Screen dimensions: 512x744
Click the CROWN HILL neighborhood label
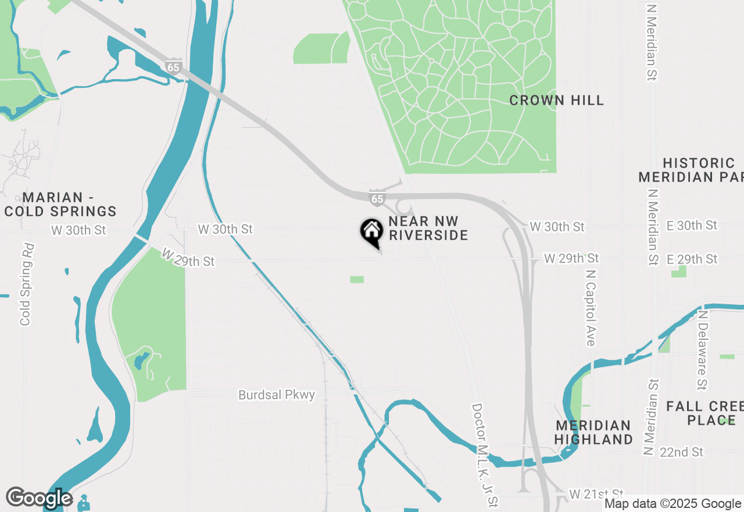(556, 100)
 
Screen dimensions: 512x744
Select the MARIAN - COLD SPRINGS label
(60, 204)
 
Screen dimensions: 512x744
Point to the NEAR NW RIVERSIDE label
(428, 228)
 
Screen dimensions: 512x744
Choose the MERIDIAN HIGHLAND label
(593, 432)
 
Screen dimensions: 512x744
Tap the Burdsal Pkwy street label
(277, 395)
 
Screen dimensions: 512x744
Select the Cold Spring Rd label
(26, 285)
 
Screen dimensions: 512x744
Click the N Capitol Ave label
(591, 307)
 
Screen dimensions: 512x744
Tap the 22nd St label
(681, 452)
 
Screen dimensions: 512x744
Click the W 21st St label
(596, 494)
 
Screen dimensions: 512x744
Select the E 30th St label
(692, 225)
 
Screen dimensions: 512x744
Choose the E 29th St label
(692, 259)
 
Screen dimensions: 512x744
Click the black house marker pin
(371, 232)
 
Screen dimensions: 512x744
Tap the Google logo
(40, 498)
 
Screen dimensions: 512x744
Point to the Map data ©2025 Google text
(673, 504)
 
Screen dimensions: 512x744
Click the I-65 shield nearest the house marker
(377, 198)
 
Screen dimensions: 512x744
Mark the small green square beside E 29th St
(679, 271)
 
